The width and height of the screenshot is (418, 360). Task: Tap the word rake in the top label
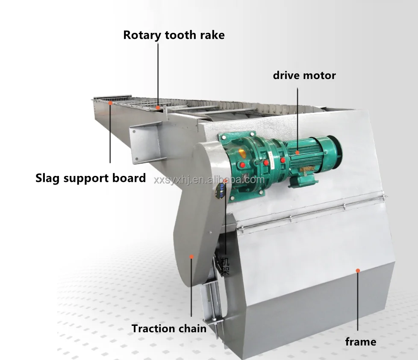tap(211, 35)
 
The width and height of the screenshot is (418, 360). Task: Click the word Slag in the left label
tap(48, 178)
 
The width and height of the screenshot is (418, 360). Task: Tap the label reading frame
tap(360, 342)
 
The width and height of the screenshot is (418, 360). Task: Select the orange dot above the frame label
tap(358, 270)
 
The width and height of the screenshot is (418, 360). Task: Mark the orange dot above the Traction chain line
tap(191, 257)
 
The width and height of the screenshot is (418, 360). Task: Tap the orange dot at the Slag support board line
tap(110, 103)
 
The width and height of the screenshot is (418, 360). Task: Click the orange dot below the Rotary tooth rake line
tap(158, 108)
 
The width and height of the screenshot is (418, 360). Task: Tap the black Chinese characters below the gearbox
tap(226, 264)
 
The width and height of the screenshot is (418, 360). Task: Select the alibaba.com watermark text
tap(209, 180)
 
